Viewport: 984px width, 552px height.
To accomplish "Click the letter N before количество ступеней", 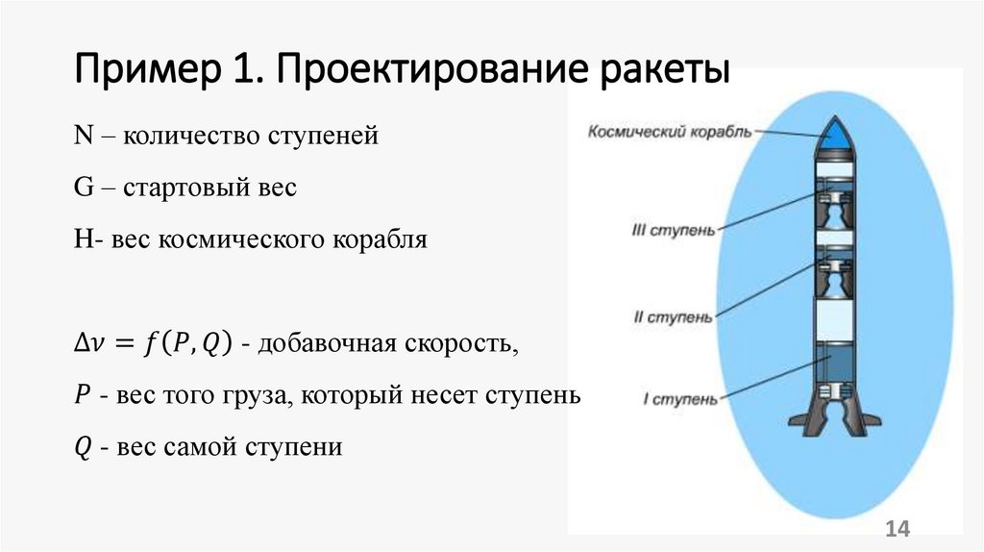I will [x=82, y=137].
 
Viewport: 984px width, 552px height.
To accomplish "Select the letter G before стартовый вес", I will [x=82, y=188].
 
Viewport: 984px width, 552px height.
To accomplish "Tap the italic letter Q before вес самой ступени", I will [x=81, y=447].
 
